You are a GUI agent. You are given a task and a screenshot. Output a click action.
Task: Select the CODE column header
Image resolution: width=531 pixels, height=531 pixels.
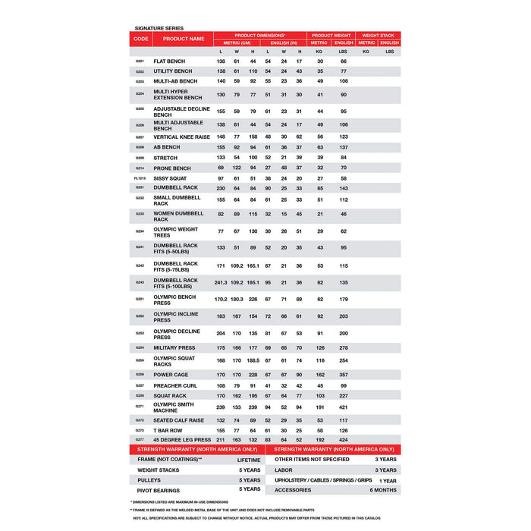[140, 39]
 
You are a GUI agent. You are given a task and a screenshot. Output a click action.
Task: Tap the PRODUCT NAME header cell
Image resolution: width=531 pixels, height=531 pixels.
[183, 39]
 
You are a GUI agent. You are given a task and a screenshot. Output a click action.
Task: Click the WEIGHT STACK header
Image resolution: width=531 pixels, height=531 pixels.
[378, 35]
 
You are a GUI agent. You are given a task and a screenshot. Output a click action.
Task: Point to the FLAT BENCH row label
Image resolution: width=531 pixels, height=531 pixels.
[168, 61]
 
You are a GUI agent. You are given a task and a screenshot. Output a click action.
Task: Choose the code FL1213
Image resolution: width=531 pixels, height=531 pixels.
[140, 178]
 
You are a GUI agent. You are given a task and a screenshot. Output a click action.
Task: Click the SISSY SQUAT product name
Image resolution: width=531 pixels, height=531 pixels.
[170, 178]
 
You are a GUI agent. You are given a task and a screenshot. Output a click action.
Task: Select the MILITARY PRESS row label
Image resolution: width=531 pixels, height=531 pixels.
[174, 348]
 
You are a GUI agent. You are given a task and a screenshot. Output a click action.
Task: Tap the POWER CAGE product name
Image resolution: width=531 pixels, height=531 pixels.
[171, 374]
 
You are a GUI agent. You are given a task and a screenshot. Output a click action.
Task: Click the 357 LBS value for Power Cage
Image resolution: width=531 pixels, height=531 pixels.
[344, 374]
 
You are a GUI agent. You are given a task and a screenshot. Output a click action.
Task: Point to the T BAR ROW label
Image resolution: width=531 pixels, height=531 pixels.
[168, 430]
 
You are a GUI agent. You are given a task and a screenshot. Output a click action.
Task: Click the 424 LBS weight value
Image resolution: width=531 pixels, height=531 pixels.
[344, 439]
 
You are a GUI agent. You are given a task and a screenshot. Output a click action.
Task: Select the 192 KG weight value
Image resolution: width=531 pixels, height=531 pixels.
[320, 439]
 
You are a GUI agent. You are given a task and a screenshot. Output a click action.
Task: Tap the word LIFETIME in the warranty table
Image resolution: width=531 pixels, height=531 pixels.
[248, 460]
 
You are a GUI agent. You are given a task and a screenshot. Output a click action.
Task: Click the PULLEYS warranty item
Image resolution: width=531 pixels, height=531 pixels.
[149, 479]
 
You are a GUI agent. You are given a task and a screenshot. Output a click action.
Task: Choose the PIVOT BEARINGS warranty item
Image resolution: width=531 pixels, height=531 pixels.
[159, 490]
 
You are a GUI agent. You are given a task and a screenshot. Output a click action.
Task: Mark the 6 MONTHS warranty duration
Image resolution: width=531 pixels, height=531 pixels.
[383, 490]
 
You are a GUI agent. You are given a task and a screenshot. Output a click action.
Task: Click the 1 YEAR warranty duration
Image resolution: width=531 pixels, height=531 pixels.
[387, 480]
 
